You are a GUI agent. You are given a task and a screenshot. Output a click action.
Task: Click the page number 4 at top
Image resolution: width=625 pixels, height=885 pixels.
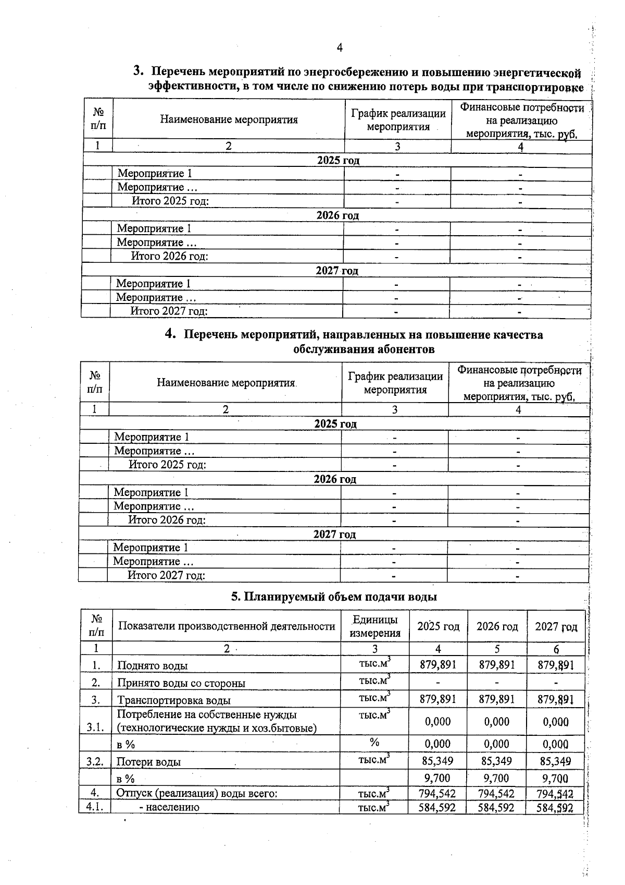point(340,48)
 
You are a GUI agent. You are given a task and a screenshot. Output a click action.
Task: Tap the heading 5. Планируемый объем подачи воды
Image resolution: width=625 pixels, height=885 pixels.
point(334,597)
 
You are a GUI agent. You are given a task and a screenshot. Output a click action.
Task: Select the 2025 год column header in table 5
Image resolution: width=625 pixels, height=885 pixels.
point(438,626)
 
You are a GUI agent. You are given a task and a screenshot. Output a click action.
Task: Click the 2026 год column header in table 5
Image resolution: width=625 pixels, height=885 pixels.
point(497,626)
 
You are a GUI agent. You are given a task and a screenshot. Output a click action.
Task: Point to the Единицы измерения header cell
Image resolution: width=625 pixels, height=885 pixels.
point(375,626)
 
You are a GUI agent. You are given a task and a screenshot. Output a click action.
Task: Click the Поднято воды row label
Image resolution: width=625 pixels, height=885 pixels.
point(153,666)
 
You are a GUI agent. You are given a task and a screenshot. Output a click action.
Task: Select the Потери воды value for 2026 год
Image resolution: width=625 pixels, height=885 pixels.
point(496,761)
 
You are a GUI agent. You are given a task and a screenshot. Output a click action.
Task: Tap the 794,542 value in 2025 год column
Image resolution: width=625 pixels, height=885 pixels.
point(438,794)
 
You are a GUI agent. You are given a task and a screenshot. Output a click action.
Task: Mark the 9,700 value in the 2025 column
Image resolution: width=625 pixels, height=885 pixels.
point(438,778)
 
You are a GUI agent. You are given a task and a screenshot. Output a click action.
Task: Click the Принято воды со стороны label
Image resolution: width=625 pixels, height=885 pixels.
point(181,683)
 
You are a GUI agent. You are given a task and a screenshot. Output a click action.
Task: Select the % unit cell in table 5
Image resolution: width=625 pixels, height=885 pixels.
point(374,743)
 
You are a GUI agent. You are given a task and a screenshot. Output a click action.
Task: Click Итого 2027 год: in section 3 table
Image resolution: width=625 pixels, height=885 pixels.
point(169,311)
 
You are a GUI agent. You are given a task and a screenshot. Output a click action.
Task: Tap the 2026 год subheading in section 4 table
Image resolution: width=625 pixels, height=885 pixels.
point(334,479)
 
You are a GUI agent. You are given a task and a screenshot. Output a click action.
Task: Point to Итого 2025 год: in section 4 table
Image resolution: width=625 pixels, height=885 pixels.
point(167,465)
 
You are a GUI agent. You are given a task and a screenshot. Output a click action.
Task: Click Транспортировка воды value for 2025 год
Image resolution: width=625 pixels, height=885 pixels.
point(438,699)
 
